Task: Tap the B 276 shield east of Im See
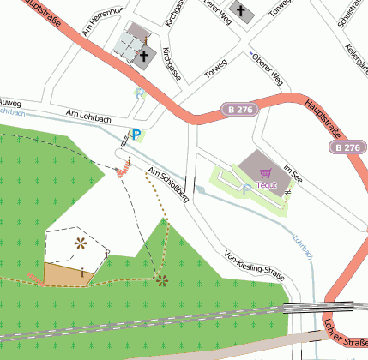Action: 347,147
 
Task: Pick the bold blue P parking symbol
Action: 136,134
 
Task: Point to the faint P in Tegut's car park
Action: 246,187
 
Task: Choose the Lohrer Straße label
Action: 344,336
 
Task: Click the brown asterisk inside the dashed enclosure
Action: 81,243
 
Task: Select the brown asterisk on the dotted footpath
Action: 162,279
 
